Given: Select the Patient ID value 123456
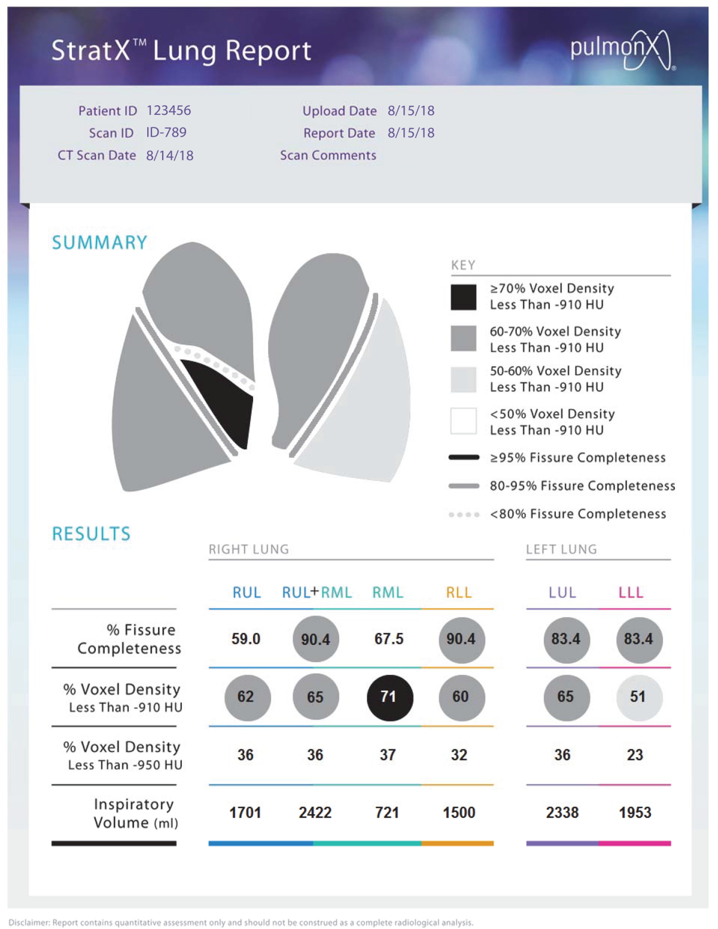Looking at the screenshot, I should [169, 111].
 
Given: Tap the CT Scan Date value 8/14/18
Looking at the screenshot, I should [170, 156].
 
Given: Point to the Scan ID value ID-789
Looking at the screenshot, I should [166, 132].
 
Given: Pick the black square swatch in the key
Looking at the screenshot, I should [464, 297].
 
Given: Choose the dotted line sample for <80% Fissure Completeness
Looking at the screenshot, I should [464, 514].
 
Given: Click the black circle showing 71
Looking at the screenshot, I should [390, 697].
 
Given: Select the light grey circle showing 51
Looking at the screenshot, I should [638, 697].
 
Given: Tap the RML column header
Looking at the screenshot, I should [388, 593].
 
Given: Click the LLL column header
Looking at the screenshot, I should [631, 593].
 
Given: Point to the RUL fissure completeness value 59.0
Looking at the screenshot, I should [246, 639].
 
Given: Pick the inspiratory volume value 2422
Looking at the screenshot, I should [315, 813].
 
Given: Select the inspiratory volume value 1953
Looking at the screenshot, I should [635, 813].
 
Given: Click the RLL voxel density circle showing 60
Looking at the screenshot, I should [461, 697].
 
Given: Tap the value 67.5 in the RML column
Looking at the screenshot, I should [389, 639].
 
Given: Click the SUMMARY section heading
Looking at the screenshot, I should [99, 243].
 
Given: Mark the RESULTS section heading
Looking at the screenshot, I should [91, 534].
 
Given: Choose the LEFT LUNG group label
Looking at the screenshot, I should [561, 549].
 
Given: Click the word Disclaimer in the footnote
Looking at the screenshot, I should [29, 922].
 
